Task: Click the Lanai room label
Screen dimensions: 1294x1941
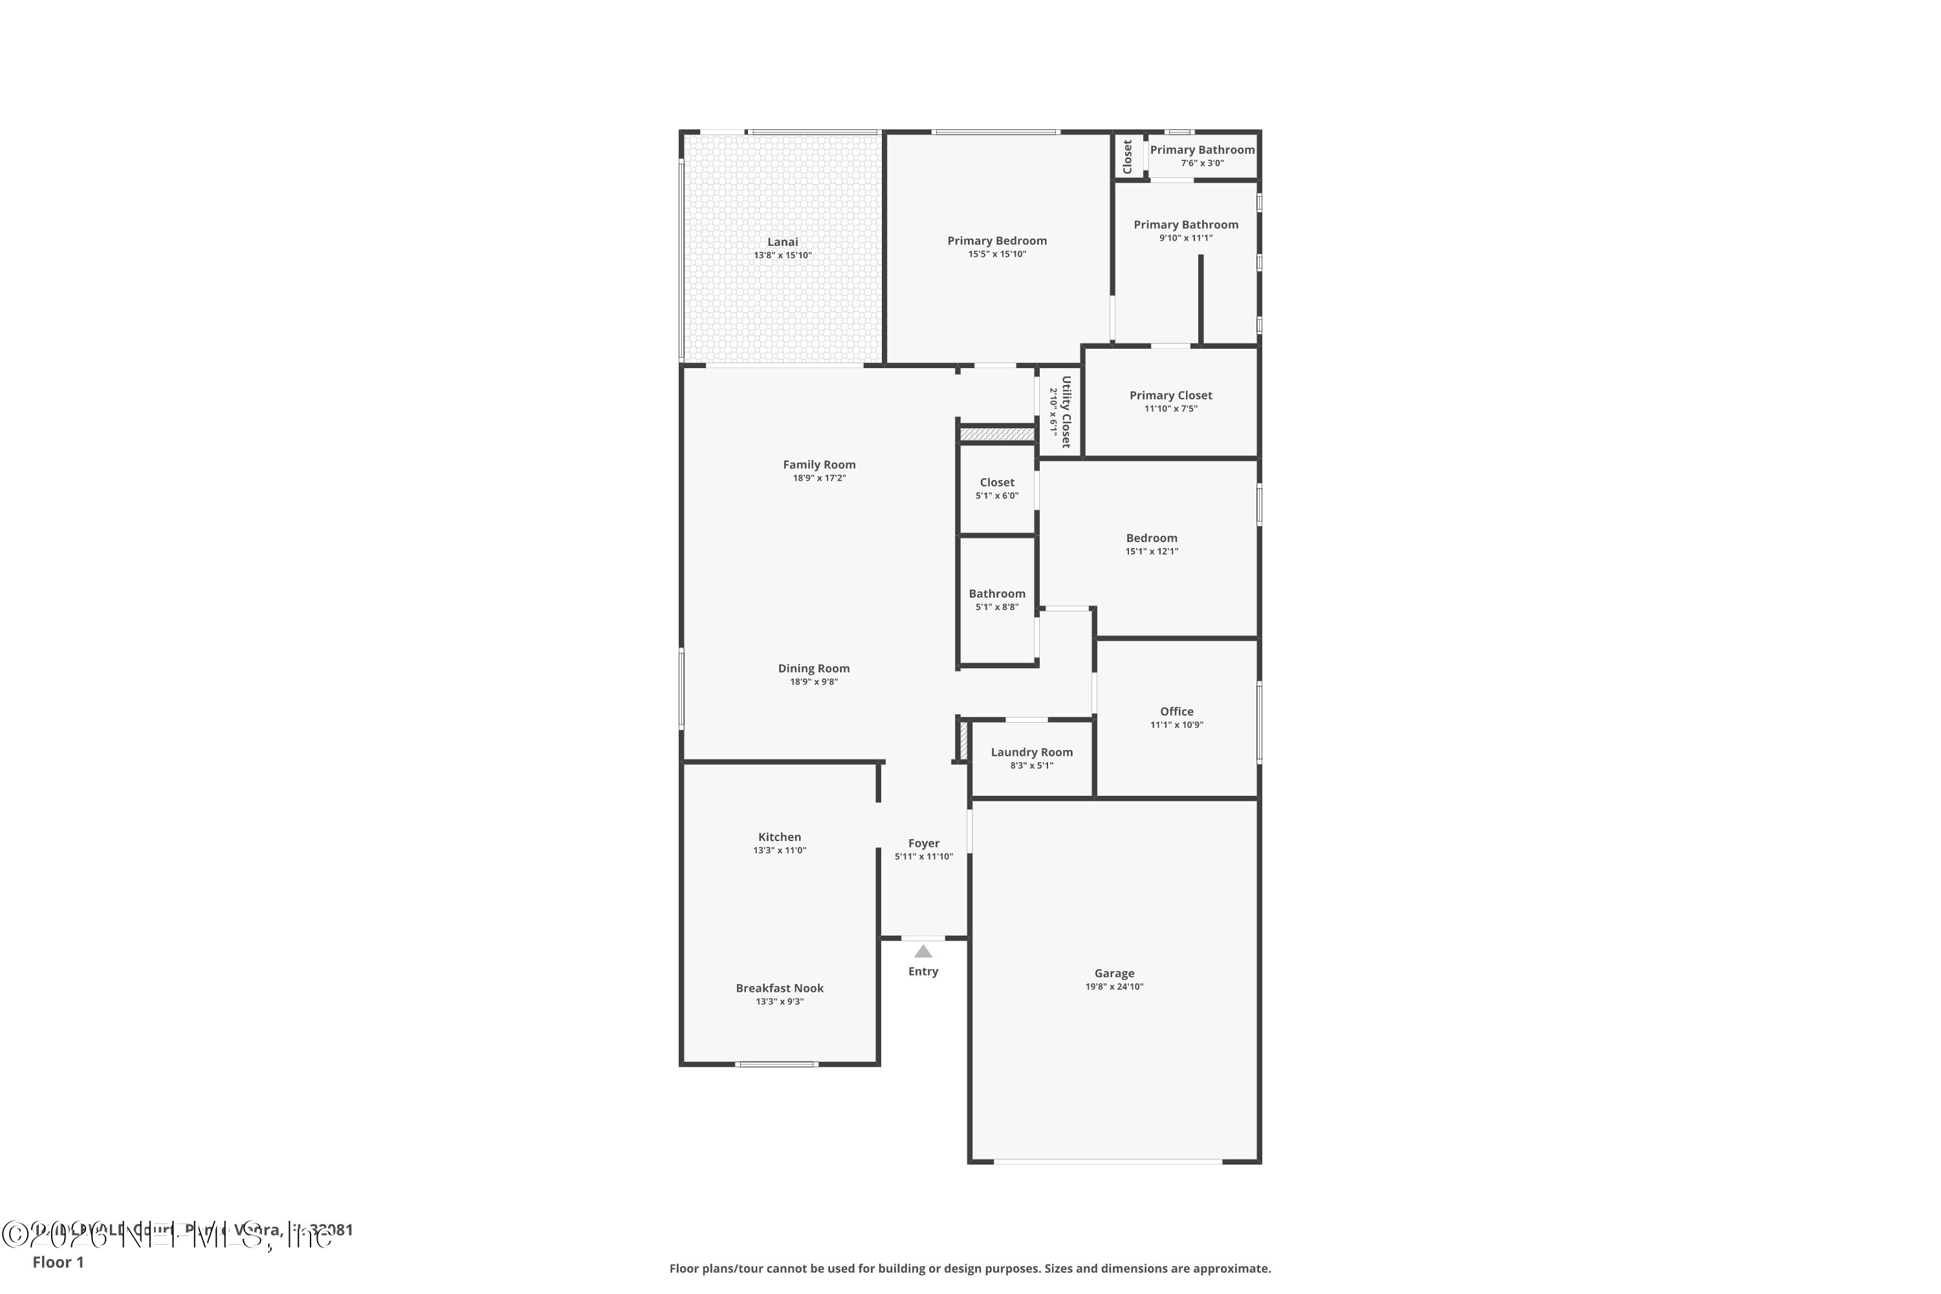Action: tap(782, 242)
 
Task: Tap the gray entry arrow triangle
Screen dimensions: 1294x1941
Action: tap(923, 952)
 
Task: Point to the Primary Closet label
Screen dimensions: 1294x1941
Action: tap(1170, 395)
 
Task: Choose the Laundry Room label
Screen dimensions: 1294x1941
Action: tap(1031, 752)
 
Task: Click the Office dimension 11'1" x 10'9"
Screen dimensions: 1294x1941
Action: tap(1177, 725)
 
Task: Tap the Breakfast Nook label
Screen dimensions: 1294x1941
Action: tap(779, 988)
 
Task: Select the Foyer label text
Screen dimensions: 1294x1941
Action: tap(923, 844)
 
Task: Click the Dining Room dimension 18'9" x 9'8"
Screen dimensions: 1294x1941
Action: tap(814, 682)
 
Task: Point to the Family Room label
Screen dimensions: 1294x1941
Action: tap(818, 465)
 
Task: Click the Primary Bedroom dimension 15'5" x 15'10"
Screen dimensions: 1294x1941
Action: tap(997, 254)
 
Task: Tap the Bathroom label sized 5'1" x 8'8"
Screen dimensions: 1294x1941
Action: tap(997, 593)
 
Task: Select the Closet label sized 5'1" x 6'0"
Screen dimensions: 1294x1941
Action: tap(997, 482)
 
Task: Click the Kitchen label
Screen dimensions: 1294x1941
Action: tap(779, 837)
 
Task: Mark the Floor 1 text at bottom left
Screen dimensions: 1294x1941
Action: tap(58, 1262)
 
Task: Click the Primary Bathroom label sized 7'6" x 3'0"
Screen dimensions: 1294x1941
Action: tap(1201, 149)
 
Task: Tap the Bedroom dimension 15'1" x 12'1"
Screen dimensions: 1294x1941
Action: tap(1151, 551)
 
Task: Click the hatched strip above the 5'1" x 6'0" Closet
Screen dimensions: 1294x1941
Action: tap(997, 434)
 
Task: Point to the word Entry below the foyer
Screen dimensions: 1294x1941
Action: tap(923, 971)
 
